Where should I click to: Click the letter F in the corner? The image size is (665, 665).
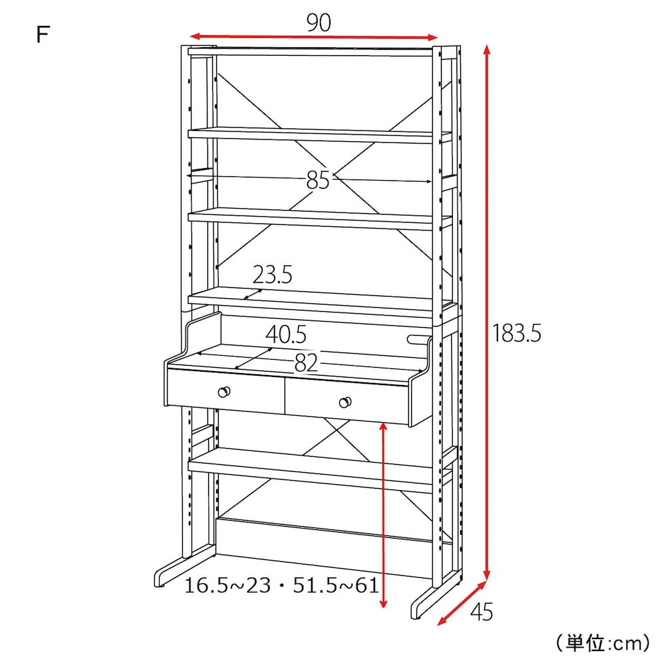43,34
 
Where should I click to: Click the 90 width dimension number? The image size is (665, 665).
319,23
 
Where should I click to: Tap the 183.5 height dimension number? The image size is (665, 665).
517,333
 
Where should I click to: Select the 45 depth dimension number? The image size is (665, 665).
481,612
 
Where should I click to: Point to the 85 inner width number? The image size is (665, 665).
318,180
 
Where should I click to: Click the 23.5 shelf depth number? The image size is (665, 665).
272,275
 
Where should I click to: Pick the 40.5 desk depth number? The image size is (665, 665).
286,334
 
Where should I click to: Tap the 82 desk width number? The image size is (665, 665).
306,363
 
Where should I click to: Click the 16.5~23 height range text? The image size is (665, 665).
227,586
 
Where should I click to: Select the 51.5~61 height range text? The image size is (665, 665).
335,586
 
